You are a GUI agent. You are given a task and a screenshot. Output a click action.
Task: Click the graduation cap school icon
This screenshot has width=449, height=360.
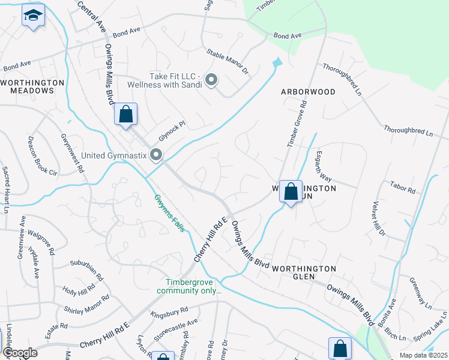pyautogui.click(x=33, y=15)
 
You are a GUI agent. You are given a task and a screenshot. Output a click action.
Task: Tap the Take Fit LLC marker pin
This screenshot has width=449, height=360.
pyautogui.click(x=211, y=79)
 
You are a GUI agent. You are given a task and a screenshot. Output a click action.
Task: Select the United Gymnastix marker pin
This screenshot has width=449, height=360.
pyautogui.click(x=157, y=155)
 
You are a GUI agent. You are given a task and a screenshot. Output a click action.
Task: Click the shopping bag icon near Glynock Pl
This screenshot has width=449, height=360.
pyautogui.click(x=126, y=113)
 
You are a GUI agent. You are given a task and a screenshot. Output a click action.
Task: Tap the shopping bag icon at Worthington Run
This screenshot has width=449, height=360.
pyautogui.click(x=291, y=192)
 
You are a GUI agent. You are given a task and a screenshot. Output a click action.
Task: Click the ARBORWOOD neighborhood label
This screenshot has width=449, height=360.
pyautogui.click(x=308, y=92)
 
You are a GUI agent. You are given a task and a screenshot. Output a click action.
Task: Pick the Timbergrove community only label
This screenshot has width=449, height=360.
pyautogui.click(x=189, y=286)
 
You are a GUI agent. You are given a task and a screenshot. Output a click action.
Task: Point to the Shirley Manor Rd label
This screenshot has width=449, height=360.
pyautogui.click(x=87, y=304)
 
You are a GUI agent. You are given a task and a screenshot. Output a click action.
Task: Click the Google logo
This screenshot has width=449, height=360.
pyautogui.click(x=20, y=353)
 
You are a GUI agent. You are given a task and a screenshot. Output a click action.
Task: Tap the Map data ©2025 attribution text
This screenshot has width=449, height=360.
pyautogui.click(x=423, y=355)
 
